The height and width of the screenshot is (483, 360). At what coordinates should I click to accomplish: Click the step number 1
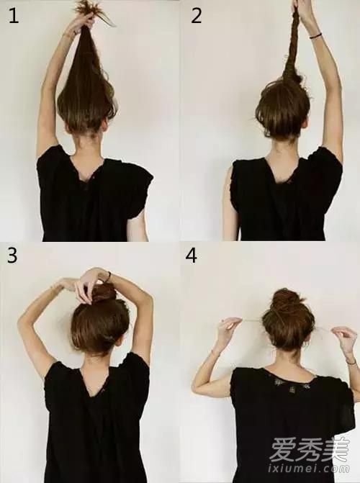[x=13, y=16]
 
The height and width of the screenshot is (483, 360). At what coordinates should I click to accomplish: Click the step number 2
[x=196, y=16]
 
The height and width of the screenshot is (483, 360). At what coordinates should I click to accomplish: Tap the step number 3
[x=12, y=255]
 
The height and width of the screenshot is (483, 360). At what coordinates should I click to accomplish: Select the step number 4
[x=192, y=256]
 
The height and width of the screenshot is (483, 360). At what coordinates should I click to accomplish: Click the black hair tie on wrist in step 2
[x=315, y=36]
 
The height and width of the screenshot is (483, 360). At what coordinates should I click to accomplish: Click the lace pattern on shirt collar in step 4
[x=289, y=384]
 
